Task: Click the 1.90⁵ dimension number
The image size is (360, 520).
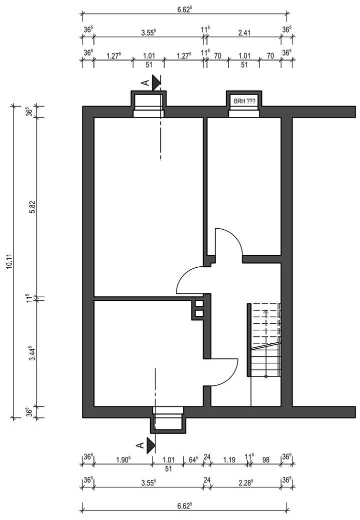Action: [x=122, y=458]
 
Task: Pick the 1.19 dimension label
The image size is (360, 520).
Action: [x=229, y=458]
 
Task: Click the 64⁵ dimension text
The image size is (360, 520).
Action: [x=193, y=458]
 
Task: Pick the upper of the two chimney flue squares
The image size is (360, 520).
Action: [x=199, y=303]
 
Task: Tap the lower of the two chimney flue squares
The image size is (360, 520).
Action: [x=199, y=314]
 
